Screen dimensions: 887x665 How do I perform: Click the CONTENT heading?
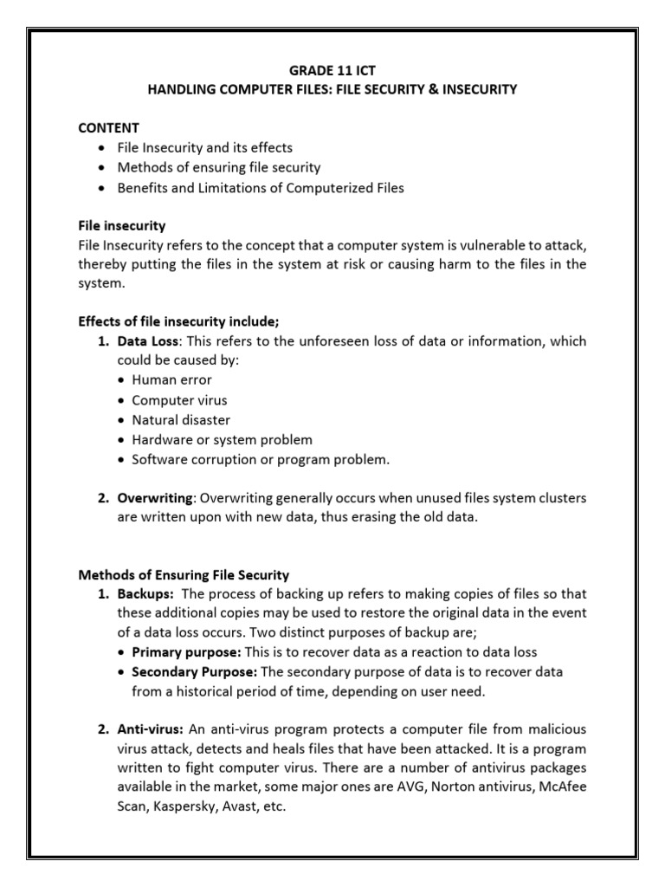click(109, 127)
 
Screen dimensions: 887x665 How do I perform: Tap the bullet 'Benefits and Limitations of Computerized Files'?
click(260, 188)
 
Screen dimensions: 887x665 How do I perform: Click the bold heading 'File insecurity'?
click(122, 226)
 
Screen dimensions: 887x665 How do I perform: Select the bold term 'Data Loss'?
click(149, 341)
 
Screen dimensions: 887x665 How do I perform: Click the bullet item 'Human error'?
click(171, 379)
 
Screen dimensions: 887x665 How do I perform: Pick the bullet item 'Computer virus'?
click(179, 400)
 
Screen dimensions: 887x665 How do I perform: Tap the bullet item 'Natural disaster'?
click(181, 420)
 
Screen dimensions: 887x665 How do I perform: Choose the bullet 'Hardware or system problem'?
click(222, 440)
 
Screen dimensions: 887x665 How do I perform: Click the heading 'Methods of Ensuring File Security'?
click(184, 574)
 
